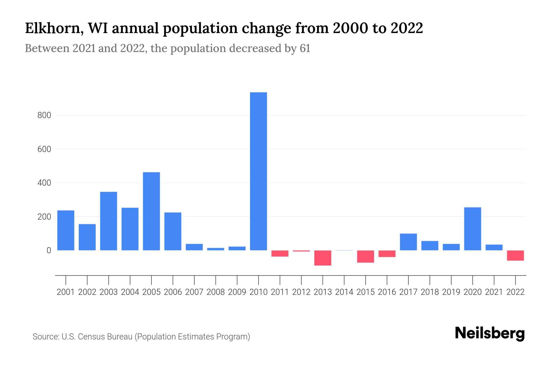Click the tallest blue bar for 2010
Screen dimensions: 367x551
click(258, 171)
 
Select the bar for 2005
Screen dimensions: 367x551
click(151, 211)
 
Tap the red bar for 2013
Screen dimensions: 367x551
click(323, 258)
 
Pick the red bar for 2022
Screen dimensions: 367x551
click(515, 255)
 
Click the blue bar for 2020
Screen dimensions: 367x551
click(473, 229)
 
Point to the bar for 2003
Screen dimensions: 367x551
click(109, 221)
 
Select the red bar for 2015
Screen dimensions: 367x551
click(365, 256)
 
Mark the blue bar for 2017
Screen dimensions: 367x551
click(408, 242)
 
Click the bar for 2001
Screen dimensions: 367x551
click(66, 230)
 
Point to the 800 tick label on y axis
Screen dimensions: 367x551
click(44, 116)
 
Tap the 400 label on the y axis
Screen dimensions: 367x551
click(44, 183)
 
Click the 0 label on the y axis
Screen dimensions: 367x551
click(49, 250)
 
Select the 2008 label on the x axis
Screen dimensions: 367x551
click(216, 292)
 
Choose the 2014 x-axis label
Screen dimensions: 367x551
click(344, 292)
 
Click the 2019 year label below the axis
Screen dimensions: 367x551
click(451, 292)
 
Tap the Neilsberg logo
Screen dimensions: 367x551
click(490, 333)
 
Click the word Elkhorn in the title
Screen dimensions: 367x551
click(51, 28)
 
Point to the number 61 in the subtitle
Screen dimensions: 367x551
click(305, 48)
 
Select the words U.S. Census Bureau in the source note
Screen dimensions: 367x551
click(97, 337)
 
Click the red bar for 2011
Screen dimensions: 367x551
click(280, 253)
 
